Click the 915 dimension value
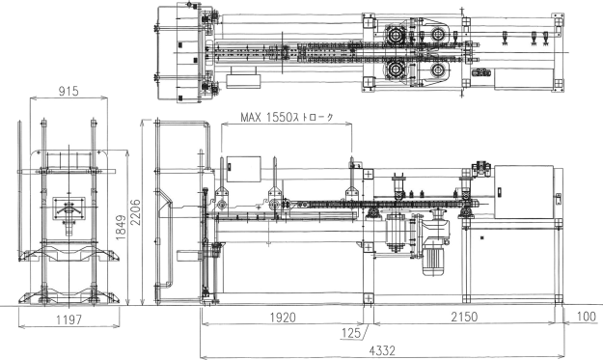[69, 91]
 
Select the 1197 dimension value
[69, 319]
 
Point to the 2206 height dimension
[136, 213]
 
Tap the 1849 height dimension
[121, 228]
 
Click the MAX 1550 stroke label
[287, 118]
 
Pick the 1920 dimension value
[283, 318]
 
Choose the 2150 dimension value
[464, 317]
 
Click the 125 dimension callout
[351, 333]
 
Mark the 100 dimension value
[587, 317]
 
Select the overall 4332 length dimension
[382, 350]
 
